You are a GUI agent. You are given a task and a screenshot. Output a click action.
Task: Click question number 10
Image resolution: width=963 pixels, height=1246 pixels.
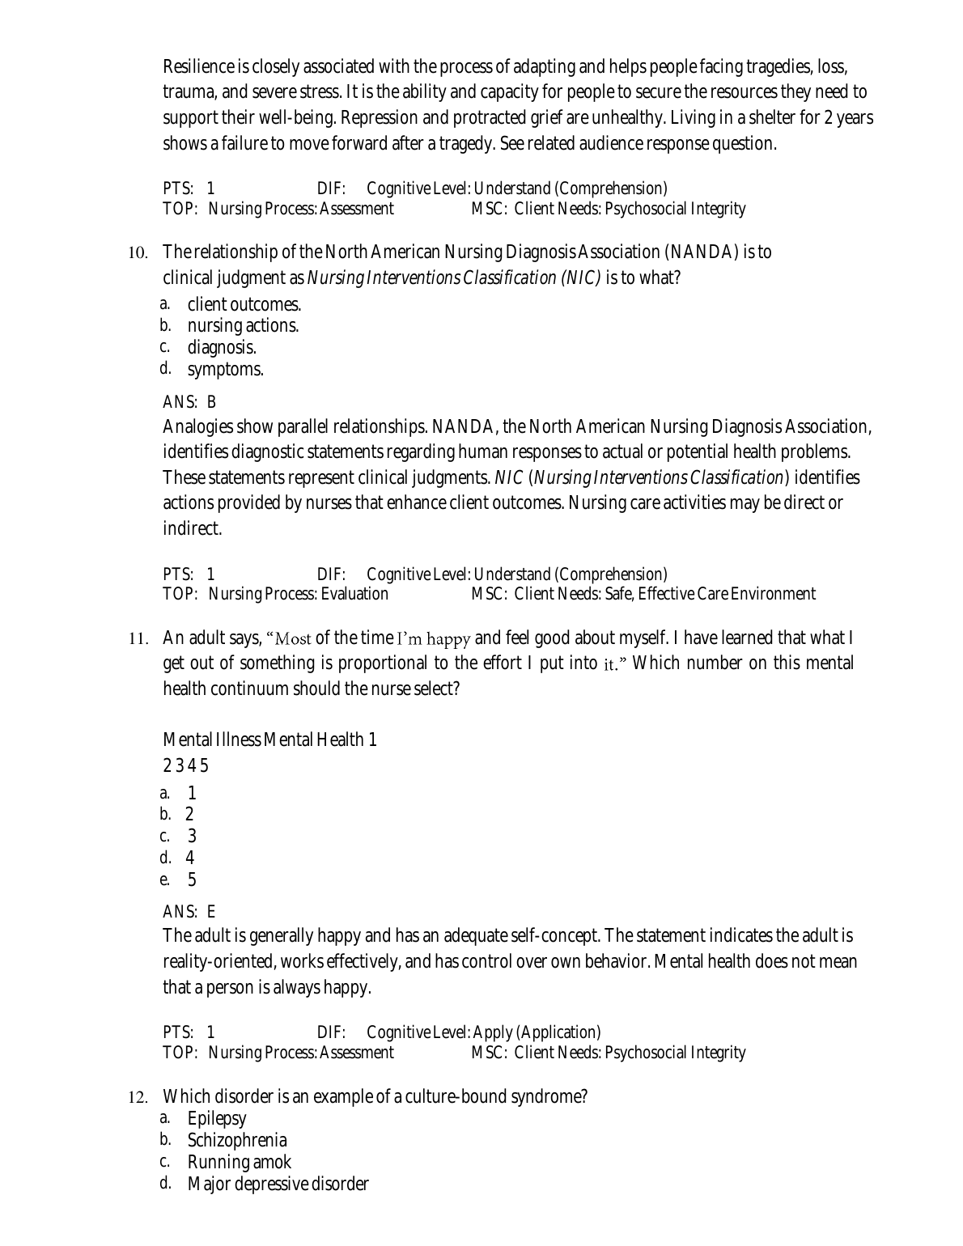click(x=138, y=253)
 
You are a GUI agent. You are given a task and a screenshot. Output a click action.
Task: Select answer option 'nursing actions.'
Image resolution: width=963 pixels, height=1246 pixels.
click(x=243, y=326)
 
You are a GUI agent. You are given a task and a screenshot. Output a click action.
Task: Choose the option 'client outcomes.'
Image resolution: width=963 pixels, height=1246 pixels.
click(x=244, y=305)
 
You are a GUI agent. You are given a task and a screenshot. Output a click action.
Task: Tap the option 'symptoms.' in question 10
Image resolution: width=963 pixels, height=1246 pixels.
click(x=225, y=370)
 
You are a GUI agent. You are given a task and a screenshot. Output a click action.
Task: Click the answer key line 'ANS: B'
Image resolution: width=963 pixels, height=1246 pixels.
click(x=189, y=402)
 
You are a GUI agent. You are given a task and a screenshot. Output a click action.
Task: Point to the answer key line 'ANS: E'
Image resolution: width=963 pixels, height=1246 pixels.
click(x=189, y=912)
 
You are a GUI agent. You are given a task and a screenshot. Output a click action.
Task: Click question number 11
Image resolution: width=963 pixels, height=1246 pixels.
click(x=138, y=639)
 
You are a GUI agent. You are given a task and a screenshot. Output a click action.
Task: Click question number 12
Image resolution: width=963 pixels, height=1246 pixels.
click(x=138, y=1098)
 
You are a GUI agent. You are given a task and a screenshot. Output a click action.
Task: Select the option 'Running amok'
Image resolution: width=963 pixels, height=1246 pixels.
click(x=239, y=1163)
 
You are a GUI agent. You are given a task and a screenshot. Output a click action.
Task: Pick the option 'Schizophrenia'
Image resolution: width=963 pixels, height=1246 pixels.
click(x=236, y=1141)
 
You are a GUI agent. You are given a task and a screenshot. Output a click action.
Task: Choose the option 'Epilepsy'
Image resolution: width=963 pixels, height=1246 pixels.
click(x=216, y=1119)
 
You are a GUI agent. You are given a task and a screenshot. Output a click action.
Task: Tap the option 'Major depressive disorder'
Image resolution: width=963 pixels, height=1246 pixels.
click(x=278, y=1185)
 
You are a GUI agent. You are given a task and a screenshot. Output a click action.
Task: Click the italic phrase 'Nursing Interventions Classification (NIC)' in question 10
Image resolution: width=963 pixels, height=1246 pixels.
click(x=454, y=278)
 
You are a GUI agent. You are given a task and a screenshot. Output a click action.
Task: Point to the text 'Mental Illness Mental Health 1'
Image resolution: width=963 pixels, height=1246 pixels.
click(x=269, y=740)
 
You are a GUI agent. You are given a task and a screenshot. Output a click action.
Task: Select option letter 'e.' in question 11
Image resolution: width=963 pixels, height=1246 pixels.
click(x=165, y=880)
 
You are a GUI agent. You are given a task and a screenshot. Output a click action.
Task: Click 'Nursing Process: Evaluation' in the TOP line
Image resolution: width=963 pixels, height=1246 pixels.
click(x=298, y=595)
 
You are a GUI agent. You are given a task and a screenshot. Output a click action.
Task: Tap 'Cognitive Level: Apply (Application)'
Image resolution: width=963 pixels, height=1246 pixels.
click(x=483, y=1032)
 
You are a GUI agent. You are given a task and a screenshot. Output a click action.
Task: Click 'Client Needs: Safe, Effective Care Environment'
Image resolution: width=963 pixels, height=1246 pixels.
click(x=664, y=595)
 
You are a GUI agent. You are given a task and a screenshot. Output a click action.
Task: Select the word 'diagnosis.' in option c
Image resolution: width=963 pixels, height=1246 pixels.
click(x=222, y=348)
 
